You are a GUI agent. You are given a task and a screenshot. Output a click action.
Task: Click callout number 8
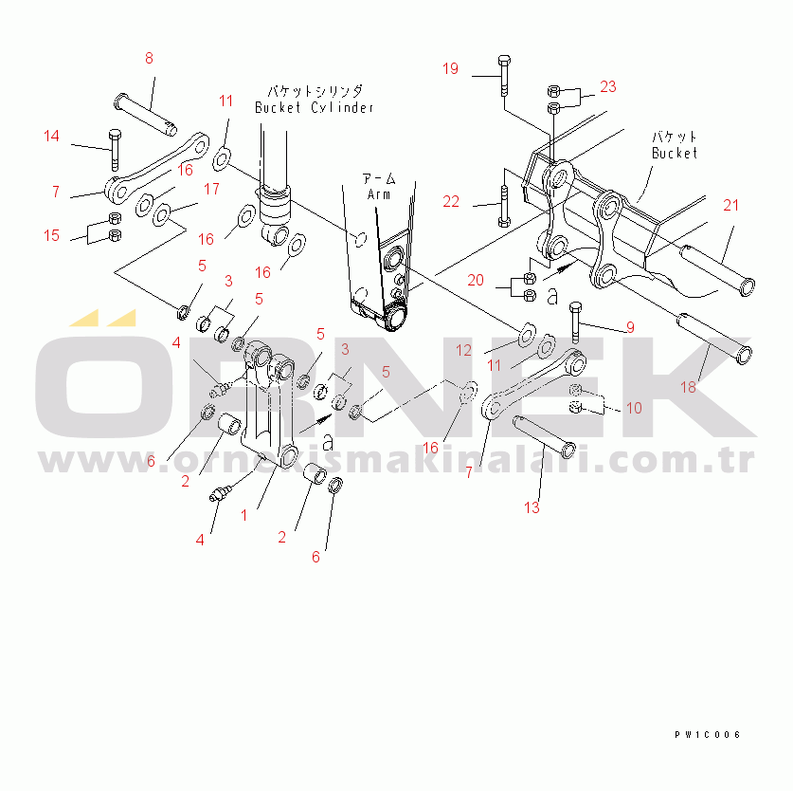[x=149, y=59]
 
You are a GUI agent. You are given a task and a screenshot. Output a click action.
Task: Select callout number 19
[x=450, y=68]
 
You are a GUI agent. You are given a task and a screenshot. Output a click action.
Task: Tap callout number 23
[x=607, y=86]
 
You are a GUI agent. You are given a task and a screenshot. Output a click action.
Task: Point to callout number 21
[x=730, y=205]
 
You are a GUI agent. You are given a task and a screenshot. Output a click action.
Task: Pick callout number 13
[x=532, y=507]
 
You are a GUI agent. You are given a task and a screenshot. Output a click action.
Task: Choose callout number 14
[x=51, y=137]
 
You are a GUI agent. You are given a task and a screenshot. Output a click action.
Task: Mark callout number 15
[x=51, y=235]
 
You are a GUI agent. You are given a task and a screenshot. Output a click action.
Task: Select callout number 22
[x=450, y=201]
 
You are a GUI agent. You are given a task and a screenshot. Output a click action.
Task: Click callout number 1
[x=243, y=515]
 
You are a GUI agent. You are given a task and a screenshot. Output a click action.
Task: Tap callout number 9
[x=627, y=329]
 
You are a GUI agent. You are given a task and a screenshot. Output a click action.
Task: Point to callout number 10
[x=633, y=408]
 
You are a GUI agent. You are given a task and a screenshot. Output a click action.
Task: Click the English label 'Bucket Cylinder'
[x=314, y=107]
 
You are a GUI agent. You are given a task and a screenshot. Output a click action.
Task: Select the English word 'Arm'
[x=379, y=194]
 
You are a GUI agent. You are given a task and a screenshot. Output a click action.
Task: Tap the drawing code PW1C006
[x=707, y=735]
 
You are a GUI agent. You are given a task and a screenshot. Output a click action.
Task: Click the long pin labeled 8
[x=149, y=111]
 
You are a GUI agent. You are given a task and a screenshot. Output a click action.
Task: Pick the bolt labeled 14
[x=115, y=147]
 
